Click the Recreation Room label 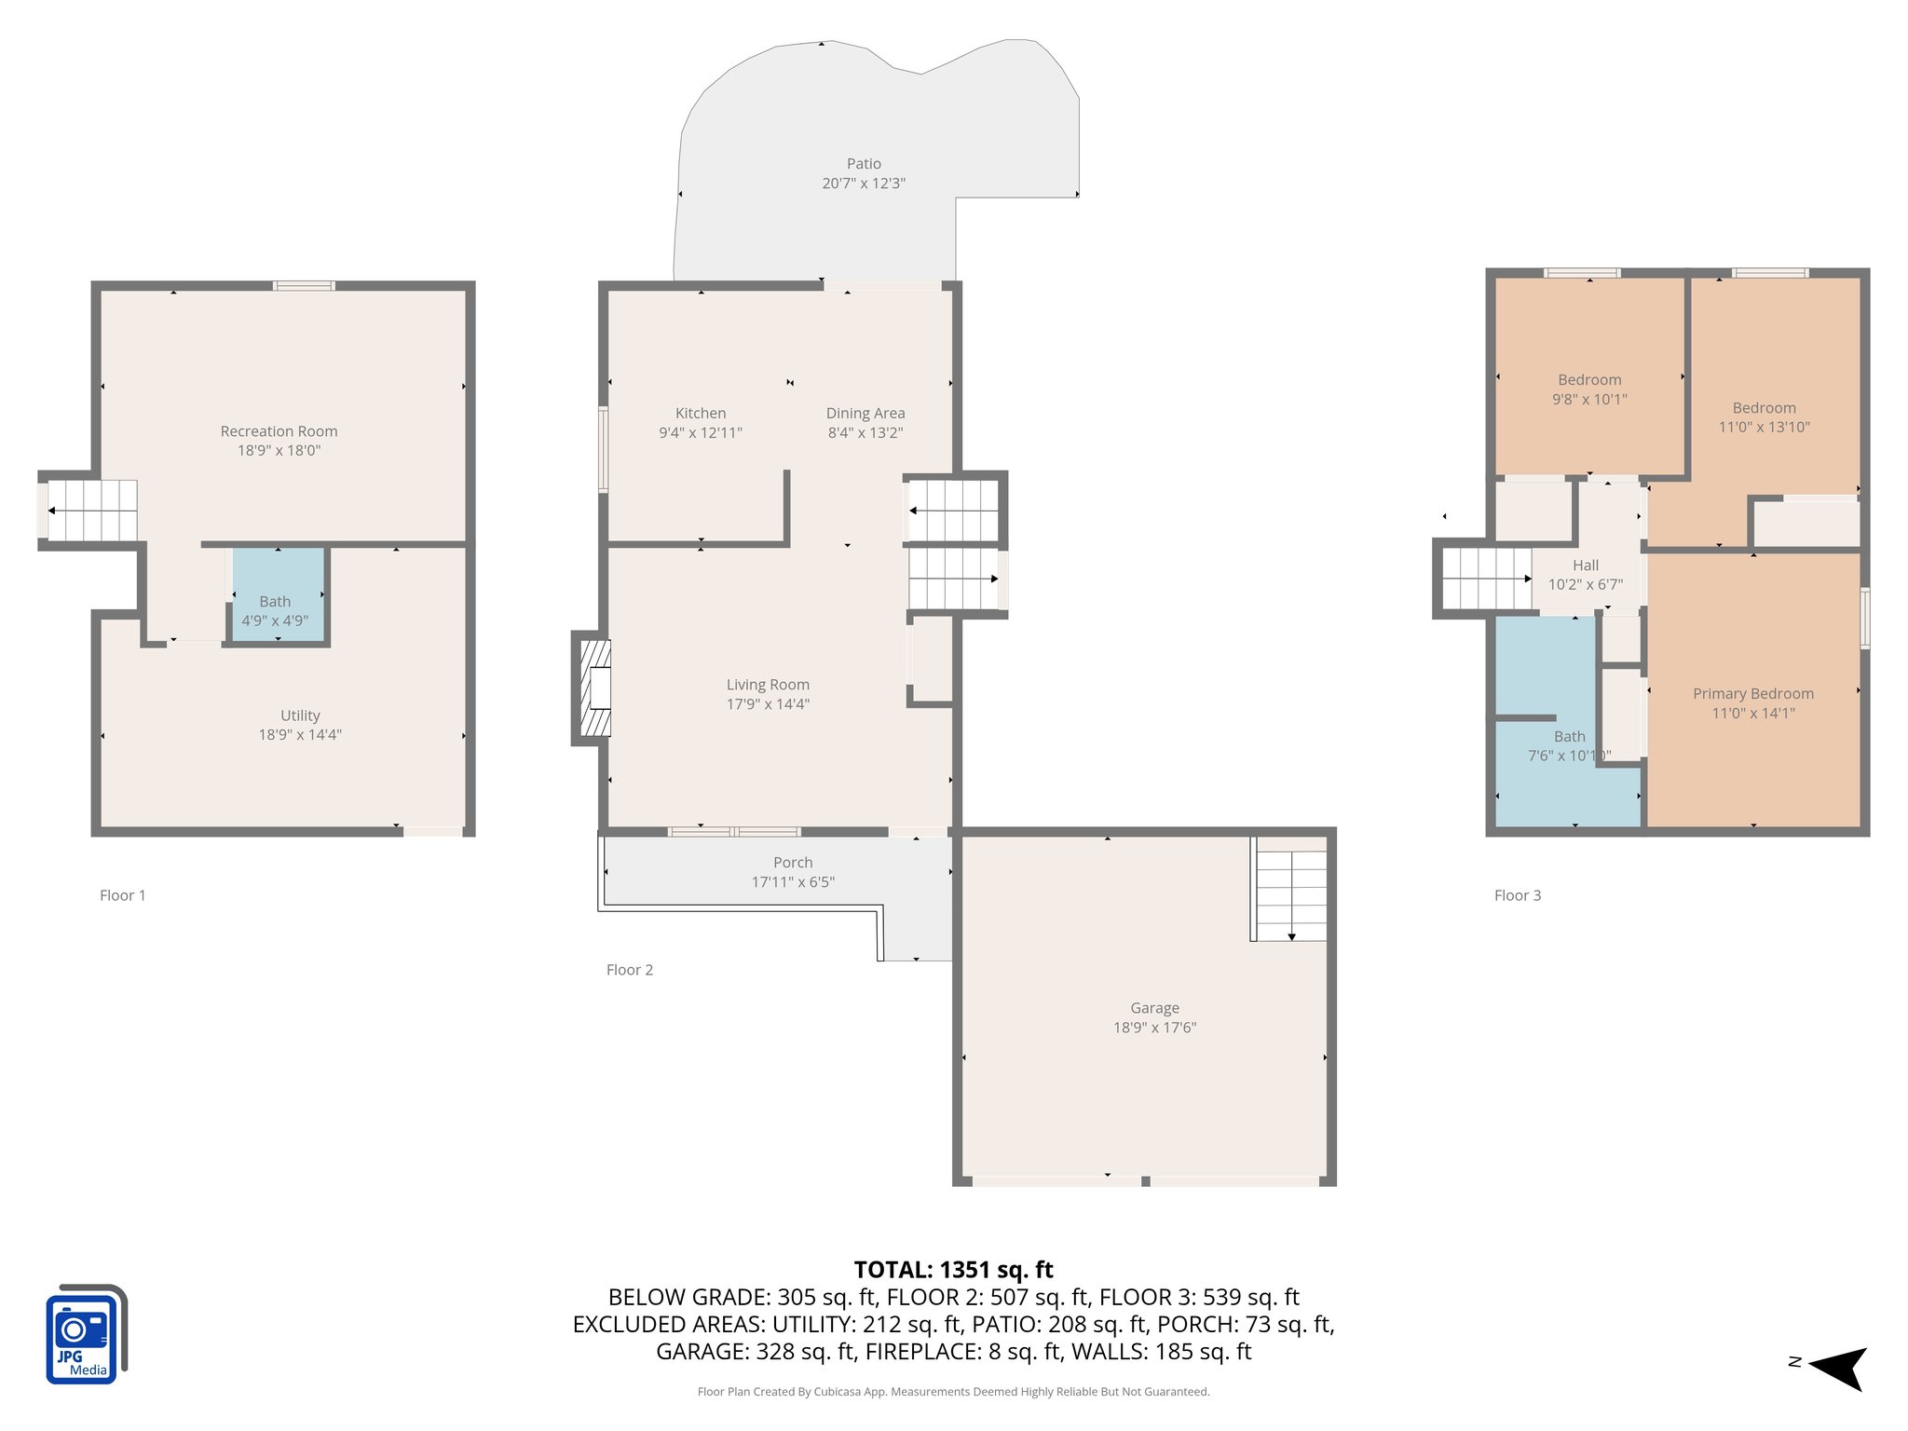point(279,431)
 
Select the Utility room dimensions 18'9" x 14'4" point(300,735)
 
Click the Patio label point(864,164)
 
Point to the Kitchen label point(700,413)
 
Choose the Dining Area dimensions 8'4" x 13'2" point(865,433)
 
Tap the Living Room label point(768,685)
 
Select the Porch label point(793,863)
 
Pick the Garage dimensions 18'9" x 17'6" point(1154,1028)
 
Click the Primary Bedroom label point(1752,694)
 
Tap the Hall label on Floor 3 point(1585,566)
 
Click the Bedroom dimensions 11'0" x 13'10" point(1764,428)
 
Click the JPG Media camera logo point(85,1335)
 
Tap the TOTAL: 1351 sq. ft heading point(953,1270)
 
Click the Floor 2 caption point(630,970)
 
